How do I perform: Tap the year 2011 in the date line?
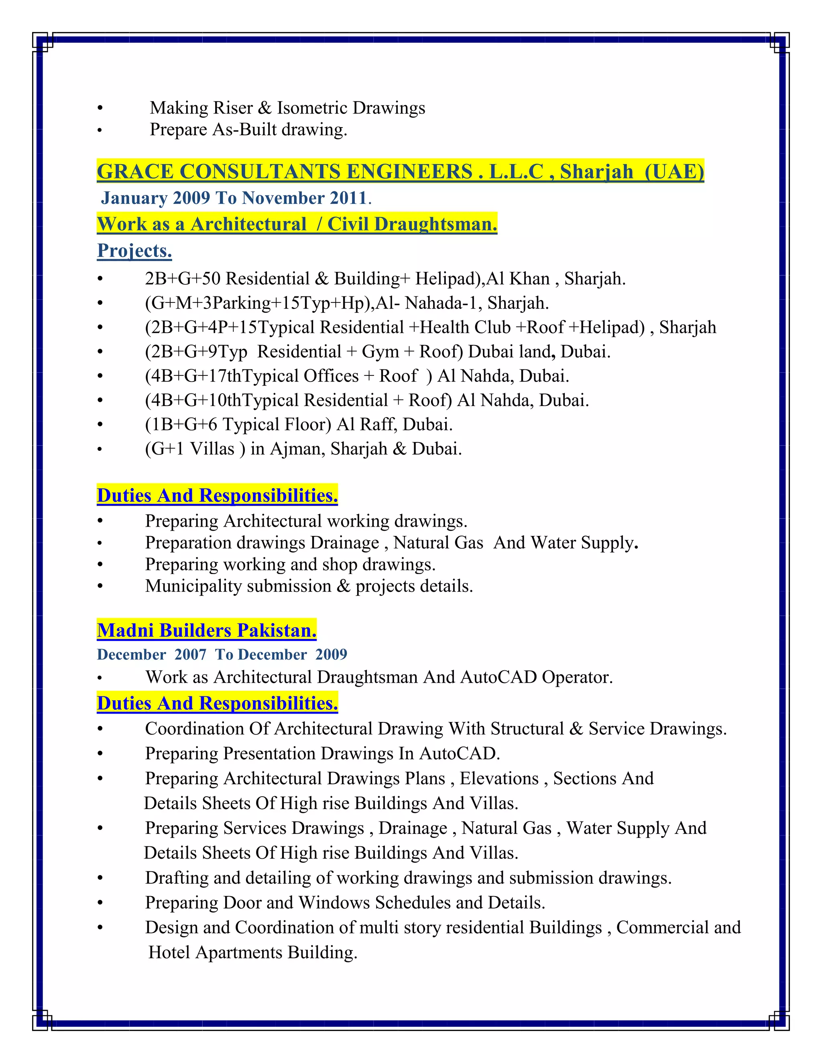(x=348, y=198)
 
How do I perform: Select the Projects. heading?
(x=134, y=251)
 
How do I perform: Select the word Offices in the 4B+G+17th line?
(x=331, y=376)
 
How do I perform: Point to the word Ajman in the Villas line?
(x=297, y=449)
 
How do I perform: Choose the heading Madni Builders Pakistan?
(x=206, y=631)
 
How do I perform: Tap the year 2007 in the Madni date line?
(x=190, y=655)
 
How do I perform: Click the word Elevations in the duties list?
(x=499, y=778)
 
